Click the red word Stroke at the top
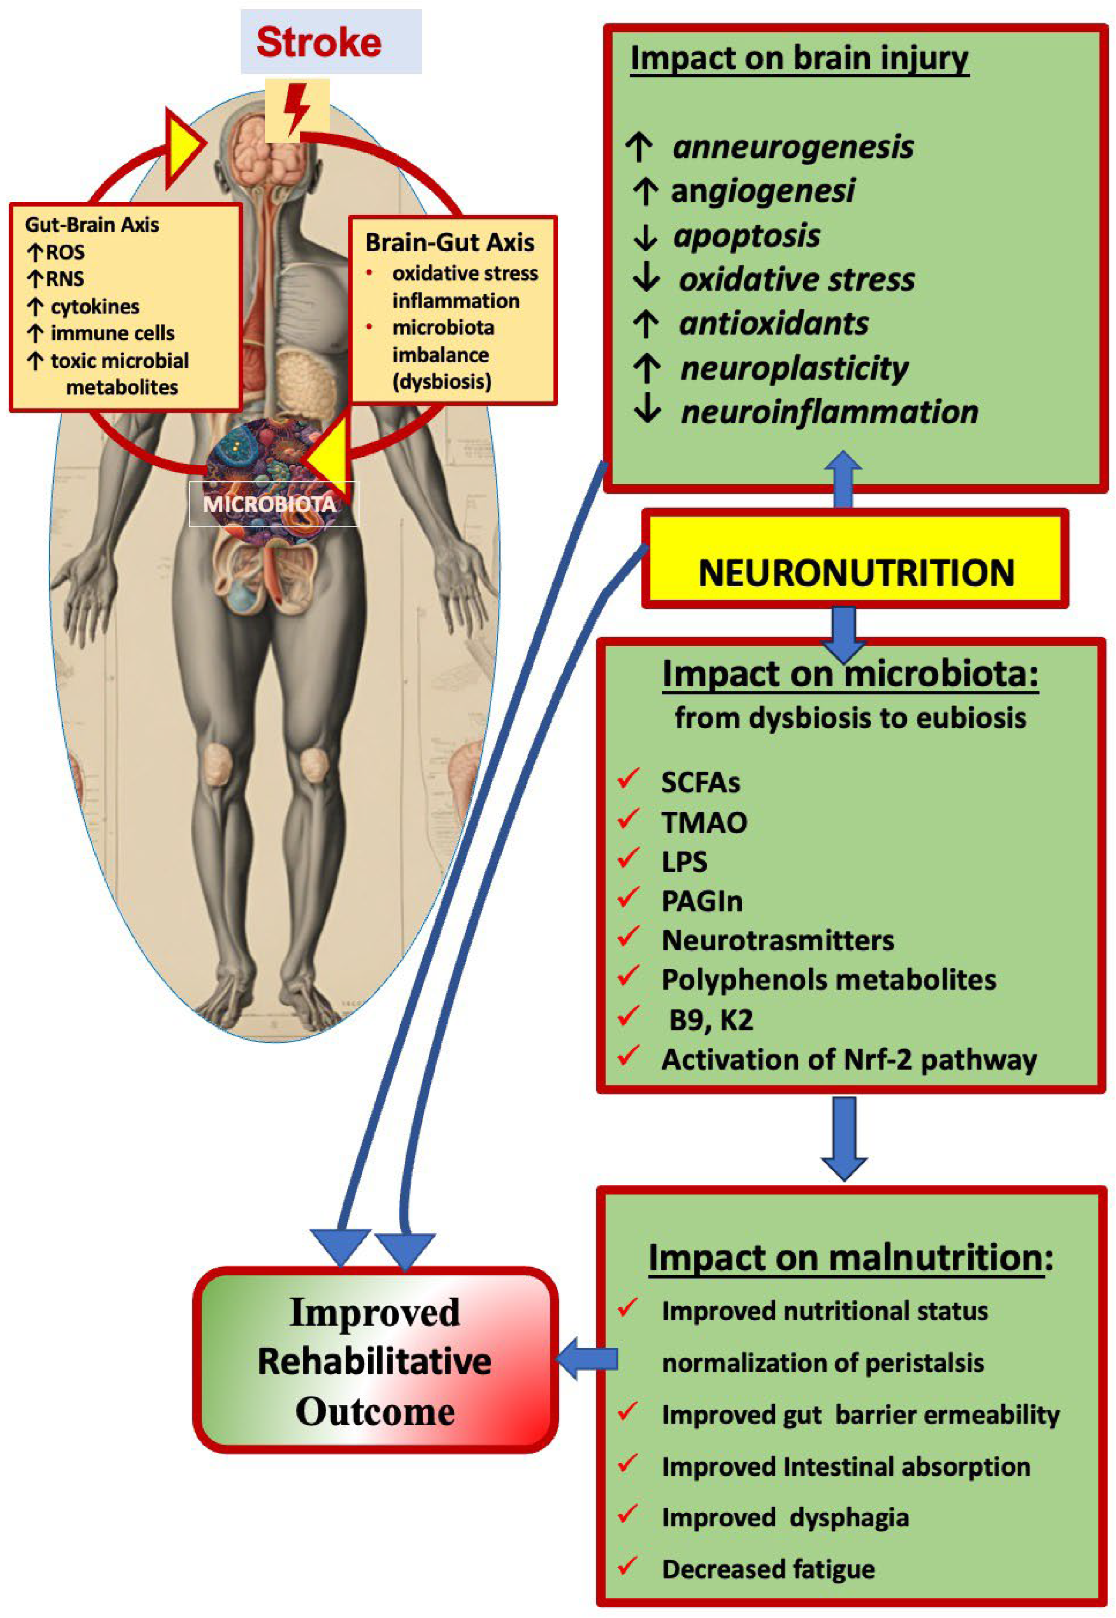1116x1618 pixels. (x=319, y=42)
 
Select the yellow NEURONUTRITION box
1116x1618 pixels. (x=855, y=572)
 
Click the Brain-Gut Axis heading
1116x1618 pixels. (x=450, y=243)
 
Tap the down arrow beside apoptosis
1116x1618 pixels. (x=645, y=236)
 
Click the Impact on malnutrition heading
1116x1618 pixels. (x=850, y=1257)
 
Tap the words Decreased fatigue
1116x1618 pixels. (x=768, y=1569)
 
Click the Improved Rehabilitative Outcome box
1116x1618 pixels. (x=375, y=1361)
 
